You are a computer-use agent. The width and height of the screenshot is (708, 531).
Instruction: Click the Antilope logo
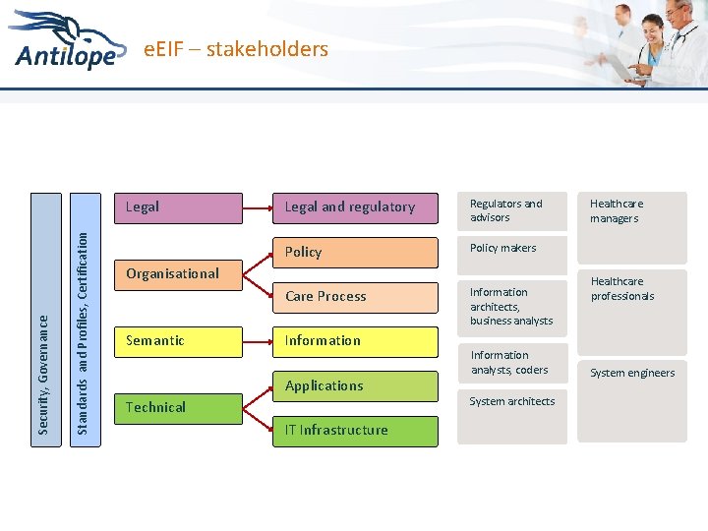pos(69,44)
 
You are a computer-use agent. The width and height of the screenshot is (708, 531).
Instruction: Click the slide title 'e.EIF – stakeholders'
pos(236,49)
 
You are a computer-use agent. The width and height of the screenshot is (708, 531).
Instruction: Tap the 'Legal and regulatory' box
pos(355,207)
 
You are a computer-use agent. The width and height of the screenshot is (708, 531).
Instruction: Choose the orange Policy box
pos(355,253)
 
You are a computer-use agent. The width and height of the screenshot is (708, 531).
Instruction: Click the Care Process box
pos(355,297)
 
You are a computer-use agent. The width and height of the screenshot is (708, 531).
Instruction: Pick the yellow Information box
pos(355,341)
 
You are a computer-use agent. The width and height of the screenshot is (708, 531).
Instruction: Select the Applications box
pos(355,385)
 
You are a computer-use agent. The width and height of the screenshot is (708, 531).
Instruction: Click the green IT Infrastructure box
pos(355,431)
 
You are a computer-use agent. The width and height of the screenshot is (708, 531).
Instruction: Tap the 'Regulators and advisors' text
pos(506,210)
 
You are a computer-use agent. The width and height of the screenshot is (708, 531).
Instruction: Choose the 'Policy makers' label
pos(503,248)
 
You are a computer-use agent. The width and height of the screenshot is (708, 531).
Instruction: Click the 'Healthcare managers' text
pos(615,210)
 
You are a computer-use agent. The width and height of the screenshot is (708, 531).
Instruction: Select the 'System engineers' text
pos(631,373)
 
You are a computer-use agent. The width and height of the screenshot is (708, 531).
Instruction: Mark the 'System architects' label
pos(511,401)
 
